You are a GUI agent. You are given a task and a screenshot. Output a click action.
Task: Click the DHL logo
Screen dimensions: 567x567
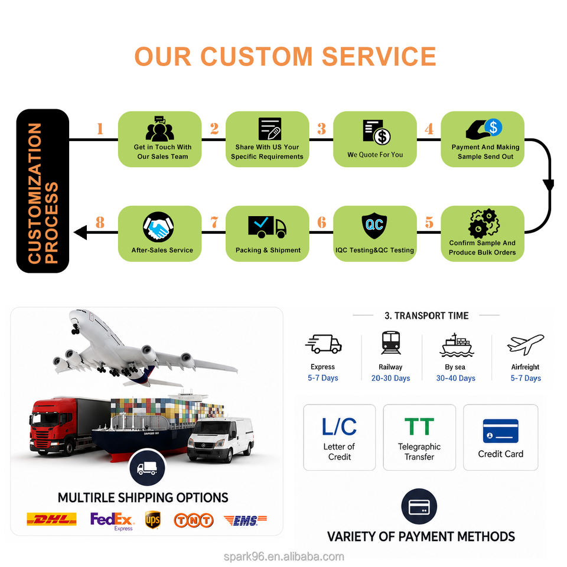[x=51, y=519]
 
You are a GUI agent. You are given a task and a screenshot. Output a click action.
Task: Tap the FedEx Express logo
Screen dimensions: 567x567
[x=112, y=521]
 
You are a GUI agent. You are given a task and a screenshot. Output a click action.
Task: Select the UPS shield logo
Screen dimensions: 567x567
[x=152, y=520]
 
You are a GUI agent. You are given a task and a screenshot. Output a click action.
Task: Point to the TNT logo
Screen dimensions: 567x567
[x=194, y=520]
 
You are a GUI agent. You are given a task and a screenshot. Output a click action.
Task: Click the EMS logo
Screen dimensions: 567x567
[x=245, y=520]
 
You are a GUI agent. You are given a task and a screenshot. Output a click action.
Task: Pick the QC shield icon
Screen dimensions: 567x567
[x=374, y=226]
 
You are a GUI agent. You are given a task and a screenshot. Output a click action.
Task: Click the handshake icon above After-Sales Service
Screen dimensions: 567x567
[x=158, y=227]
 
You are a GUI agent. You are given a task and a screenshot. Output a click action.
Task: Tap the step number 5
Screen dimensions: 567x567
[x=429, y=223]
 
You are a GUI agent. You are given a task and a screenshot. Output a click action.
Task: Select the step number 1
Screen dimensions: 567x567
[x=100, y=128]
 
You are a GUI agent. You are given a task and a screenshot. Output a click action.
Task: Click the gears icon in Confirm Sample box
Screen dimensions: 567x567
[x=484, y=223]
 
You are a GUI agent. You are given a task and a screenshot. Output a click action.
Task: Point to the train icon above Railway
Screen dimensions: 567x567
[x=391, y=342]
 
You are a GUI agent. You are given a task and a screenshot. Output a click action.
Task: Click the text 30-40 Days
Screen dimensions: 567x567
[x=455, y=378]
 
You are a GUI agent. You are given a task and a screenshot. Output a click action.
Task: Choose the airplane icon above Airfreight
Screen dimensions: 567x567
[x=526, y=344]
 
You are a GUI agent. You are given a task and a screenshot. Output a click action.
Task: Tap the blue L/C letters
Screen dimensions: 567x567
[x=339, y=426]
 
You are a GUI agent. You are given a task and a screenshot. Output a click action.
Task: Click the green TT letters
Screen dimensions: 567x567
[x=419, y=426]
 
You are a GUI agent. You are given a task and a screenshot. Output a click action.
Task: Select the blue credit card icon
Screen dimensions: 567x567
[x=500, y=431]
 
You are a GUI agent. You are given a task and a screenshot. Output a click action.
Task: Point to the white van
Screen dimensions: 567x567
[x=220, y=439]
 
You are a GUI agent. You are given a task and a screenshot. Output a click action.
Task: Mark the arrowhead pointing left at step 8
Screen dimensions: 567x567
[x=80, y=232]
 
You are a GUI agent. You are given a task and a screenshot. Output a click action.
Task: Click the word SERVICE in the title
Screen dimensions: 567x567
[x=379, y=57]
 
